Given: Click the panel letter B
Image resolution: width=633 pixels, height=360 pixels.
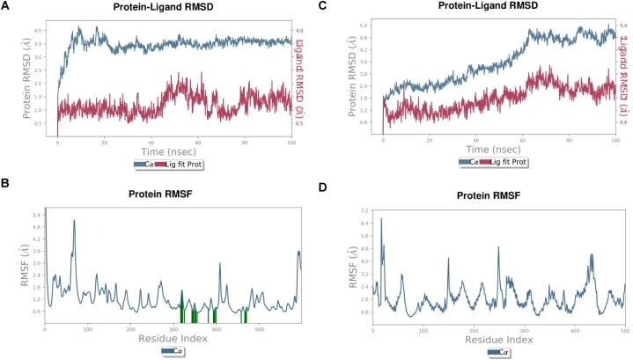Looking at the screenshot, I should [x=7, y=184].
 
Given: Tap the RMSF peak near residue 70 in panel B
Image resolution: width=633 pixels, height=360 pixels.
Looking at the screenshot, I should [x=74, y=221].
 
